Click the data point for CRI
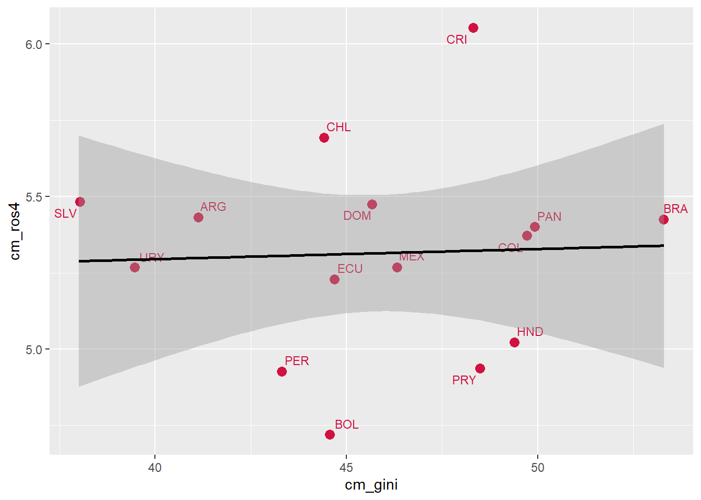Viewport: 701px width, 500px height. (x=473, y=28)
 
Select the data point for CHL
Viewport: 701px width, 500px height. (x=324, y=137)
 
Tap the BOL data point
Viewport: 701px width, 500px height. (x=330, y=434)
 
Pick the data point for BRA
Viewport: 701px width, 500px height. (x=663, y=219)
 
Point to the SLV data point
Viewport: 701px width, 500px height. (x=80, y=202)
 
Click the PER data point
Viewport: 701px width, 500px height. (x=282, y=371)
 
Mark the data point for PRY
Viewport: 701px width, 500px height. (x=480, y=368)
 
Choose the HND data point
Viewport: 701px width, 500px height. (x=514, y=342)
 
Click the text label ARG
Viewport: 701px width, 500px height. (x=213, y=207)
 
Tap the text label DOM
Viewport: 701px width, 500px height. (x=357, y=216)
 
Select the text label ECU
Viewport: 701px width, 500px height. (x=350, y=269)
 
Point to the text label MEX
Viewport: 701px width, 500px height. (x=412, y=256)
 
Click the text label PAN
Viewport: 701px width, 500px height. (x=549, y=217)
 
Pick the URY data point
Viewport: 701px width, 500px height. (x=135, y=267)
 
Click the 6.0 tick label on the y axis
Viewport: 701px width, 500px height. (x=33, y=44)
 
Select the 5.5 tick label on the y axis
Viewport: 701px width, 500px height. (x=33, y=197)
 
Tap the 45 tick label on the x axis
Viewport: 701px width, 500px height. (x=346, y=468)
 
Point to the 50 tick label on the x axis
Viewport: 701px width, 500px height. (x=537, y=468)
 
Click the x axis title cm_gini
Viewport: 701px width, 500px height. (x=371, y=485)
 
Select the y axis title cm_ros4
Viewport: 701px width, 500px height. (x=15, y=231)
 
